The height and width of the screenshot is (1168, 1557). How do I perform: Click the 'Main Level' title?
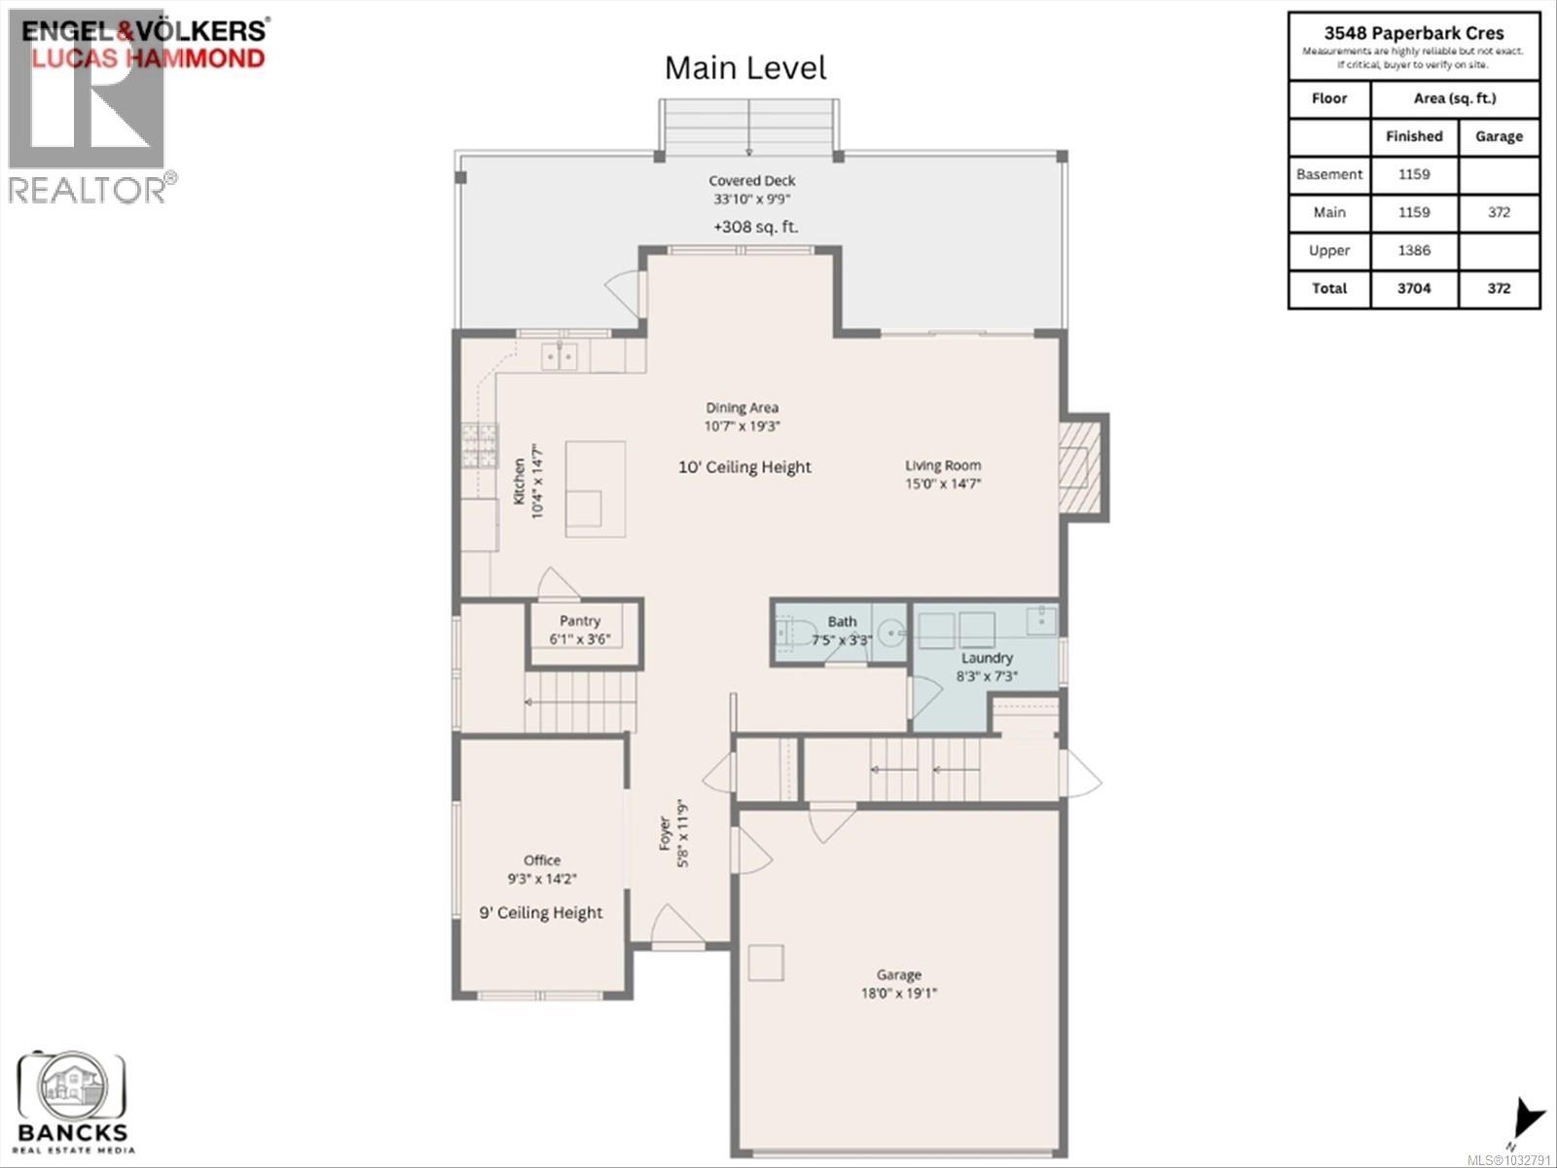coord(745,68)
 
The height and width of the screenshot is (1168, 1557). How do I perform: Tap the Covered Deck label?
coord(751,181)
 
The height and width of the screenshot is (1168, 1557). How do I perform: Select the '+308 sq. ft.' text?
coord(755,227)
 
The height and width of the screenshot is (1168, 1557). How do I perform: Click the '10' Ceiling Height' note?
coord(744,467)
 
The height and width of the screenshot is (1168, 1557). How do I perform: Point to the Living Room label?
coord(943,465)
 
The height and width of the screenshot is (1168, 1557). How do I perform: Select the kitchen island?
coord(596,488)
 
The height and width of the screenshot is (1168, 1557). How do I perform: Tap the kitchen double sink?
coord(559,356)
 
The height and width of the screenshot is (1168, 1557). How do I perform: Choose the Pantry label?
coord(580,621)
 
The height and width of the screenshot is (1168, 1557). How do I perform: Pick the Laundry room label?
coord(987,658)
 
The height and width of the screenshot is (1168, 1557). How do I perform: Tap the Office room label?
coord(542,860)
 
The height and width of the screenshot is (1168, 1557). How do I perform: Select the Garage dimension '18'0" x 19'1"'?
coord(898,994)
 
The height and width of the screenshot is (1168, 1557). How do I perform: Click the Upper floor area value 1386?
coord(1414,250)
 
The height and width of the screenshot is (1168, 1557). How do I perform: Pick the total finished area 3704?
coord(1414,288)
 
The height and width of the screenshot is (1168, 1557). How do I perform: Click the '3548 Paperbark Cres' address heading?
coord(1413,32)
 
